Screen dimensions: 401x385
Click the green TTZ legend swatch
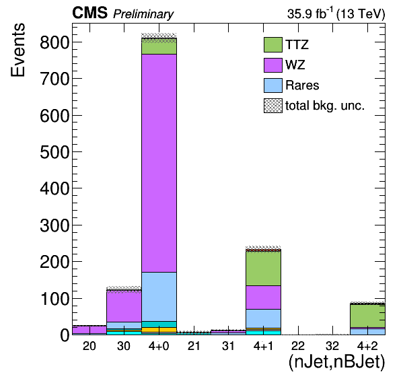coord(273,45)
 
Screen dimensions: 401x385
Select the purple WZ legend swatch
coord(273,65)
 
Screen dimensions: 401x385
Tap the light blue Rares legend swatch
coord(273,85)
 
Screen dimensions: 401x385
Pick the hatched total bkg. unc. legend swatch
coord(273,106)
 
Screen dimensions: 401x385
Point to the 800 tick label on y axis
coord(54,42)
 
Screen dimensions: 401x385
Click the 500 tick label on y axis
coord(54,152)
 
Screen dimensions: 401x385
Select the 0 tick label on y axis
coord(65,335)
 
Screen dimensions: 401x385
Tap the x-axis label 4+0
coord(159,346)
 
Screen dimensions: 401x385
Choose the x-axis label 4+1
coord(263,346)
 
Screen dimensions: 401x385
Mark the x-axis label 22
coord(298,346)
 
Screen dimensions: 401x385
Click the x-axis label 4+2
coord(367,346)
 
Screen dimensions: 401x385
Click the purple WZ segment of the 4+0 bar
coord(159,163)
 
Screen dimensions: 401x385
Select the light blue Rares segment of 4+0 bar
coord(159,296)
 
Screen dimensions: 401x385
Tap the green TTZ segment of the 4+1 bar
coord(263,268)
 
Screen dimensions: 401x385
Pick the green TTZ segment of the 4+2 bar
coord(367,316)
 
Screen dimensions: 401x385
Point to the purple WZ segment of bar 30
coord(124,306)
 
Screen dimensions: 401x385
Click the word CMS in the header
coord(89,13)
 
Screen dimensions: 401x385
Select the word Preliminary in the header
coord(143,14)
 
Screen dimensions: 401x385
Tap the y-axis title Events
coord(18,50)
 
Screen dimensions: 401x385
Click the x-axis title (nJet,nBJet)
coord(336,362)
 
